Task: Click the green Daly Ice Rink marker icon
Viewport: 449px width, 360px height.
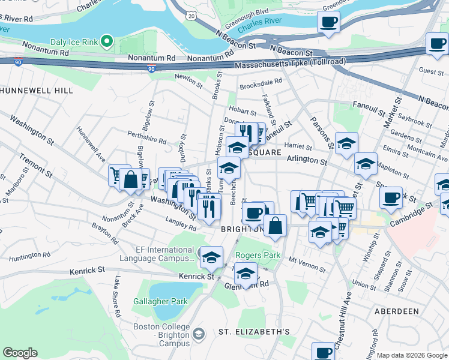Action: tap(107, 41)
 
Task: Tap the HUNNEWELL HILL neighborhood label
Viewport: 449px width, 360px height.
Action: tap(37, 91)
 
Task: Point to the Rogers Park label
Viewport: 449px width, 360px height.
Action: tap(258, 255)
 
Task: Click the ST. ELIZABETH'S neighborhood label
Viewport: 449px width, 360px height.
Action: tap(254, 332)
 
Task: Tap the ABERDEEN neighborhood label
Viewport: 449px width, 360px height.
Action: tap(396, 311)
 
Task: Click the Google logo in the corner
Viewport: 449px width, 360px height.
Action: tap(20, 353)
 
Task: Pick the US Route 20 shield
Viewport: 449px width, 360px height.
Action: tap(190, 16)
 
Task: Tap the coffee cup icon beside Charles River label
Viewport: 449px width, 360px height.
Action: tap(328, 23)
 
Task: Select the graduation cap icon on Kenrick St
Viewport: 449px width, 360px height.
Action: tap(211, 257)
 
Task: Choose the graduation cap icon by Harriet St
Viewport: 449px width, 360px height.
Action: tap(346, 143)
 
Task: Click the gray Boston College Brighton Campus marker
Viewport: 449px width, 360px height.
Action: tap(199, 333)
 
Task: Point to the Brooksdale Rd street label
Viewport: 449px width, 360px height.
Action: tap(261, 86)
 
